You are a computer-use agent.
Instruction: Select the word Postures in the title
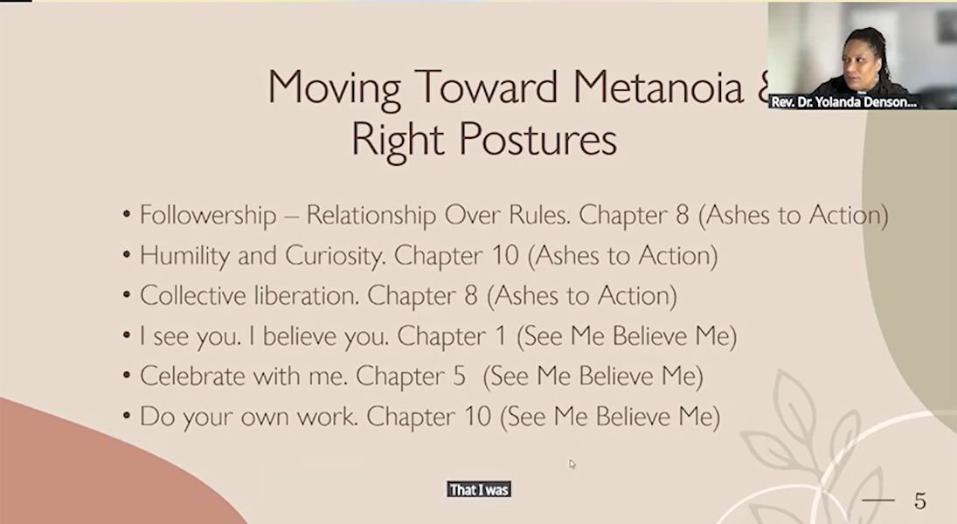537,140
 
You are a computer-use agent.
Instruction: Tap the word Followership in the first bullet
207,216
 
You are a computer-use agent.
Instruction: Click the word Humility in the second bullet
184,256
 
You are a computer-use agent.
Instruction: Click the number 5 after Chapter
459,376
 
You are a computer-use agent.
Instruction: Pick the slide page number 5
919,501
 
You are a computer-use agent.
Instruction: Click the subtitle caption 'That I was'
479,490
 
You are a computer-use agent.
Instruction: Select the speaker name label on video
843,102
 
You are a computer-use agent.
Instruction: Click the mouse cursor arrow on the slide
572,465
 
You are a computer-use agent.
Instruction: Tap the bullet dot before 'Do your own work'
127,417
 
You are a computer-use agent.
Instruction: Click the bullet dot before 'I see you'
127,335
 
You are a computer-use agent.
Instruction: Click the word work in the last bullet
327,417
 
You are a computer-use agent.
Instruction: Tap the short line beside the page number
877,500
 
